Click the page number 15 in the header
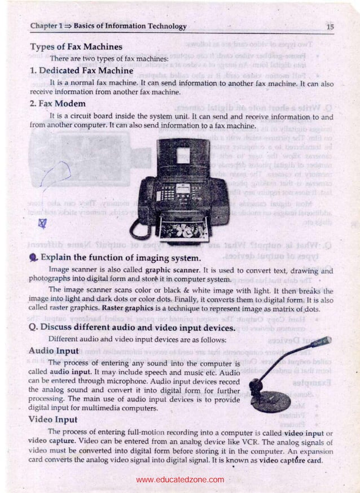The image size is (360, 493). coord(330,27)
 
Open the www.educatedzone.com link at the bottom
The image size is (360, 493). coord(180,480)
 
